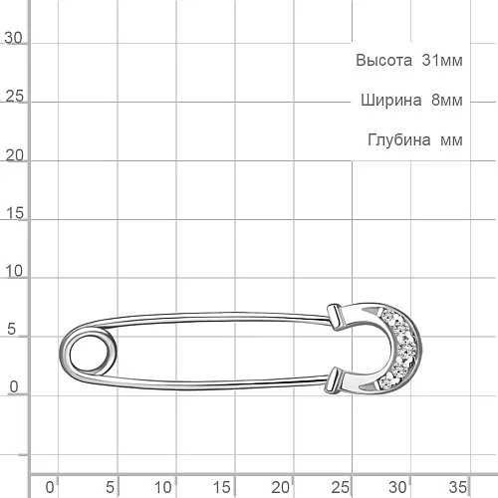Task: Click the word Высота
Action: click(383, 61)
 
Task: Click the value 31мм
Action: click(442, 61)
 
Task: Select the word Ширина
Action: click(391, 100)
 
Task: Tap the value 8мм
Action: click(447, 100)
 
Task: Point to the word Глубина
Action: click(399, 139)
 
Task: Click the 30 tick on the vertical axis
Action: click(13, 38)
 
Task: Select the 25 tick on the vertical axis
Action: click(14, 97)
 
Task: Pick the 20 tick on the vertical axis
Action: click(14, 155)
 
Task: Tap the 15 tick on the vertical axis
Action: click(15, 213)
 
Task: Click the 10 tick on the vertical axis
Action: click(14, 272)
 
